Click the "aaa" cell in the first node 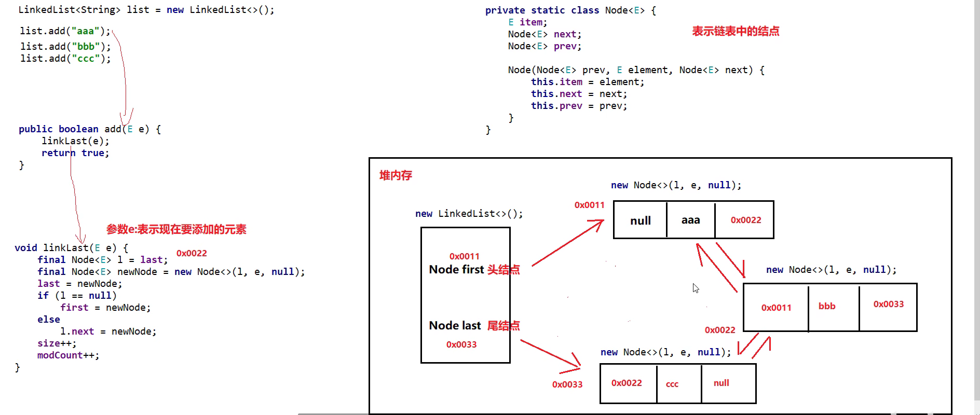pos(690,220)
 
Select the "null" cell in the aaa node pos(640,220)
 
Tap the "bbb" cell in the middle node pos(827,306)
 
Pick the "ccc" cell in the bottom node pos(672,384)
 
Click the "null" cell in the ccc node pos(721,383)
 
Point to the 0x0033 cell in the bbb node pos(888,304)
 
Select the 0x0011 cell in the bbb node pos(776,308)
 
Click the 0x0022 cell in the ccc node pos(627,383)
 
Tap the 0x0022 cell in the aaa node pos(746,220)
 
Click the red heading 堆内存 pos(396,175)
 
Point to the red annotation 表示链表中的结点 pos(736,31)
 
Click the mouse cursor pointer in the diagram pos(696,288)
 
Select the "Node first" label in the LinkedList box pos(456,269)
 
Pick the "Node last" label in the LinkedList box pos(455,325)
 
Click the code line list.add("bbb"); pos(65,46)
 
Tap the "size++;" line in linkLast pos(57,343)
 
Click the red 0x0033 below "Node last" pos(461,344)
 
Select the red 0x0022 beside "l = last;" pos(192,253)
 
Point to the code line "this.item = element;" pos(587,82)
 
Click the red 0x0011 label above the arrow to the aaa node pos(589,205)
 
